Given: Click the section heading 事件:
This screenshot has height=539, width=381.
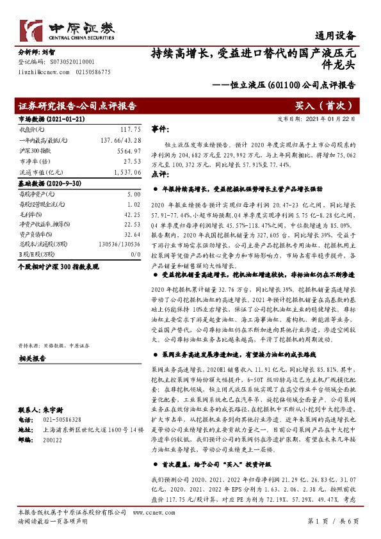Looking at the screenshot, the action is (160, 129).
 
